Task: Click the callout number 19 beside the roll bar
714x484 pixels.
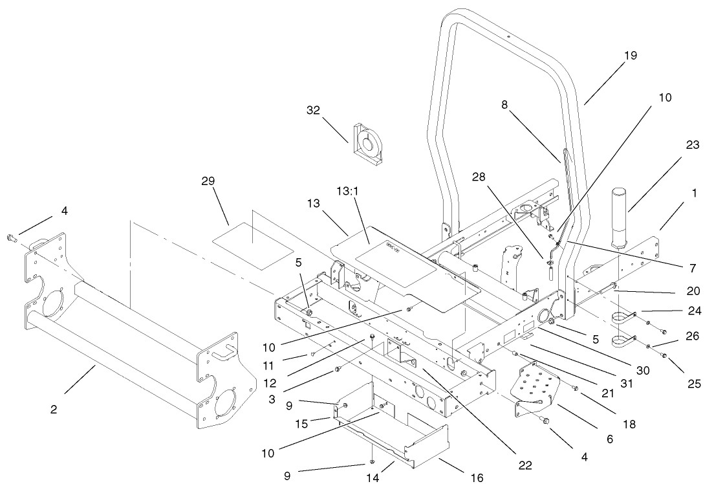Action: click(x=631, y=55)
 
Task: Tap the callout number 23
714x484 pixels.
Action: click(x=692, y=145)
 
